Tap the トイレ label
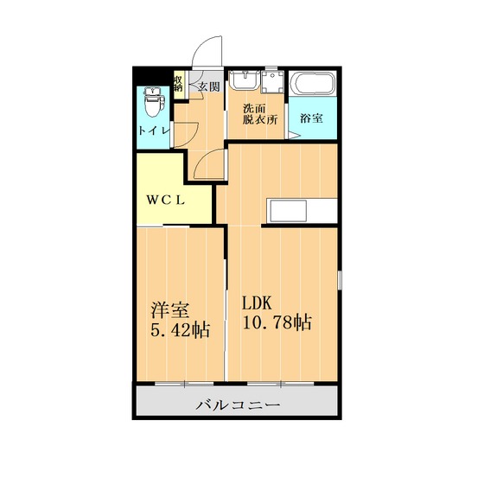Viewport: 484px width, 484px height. click(152, 131)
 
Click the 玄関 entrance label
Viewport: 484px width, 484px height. click(208, 86)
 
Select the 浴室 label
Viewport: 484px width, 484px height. click(311, 118)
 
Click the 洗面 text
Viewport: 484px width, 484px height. click(254, 110)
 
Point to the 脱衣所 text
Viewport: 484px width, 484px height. click(259, 122)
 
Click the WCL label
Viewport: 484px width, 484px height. click(165, 200)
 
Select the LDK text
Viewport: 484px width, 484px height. click(257, 303)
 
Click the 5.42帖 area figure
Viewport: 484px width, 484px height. click(180, 329)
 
